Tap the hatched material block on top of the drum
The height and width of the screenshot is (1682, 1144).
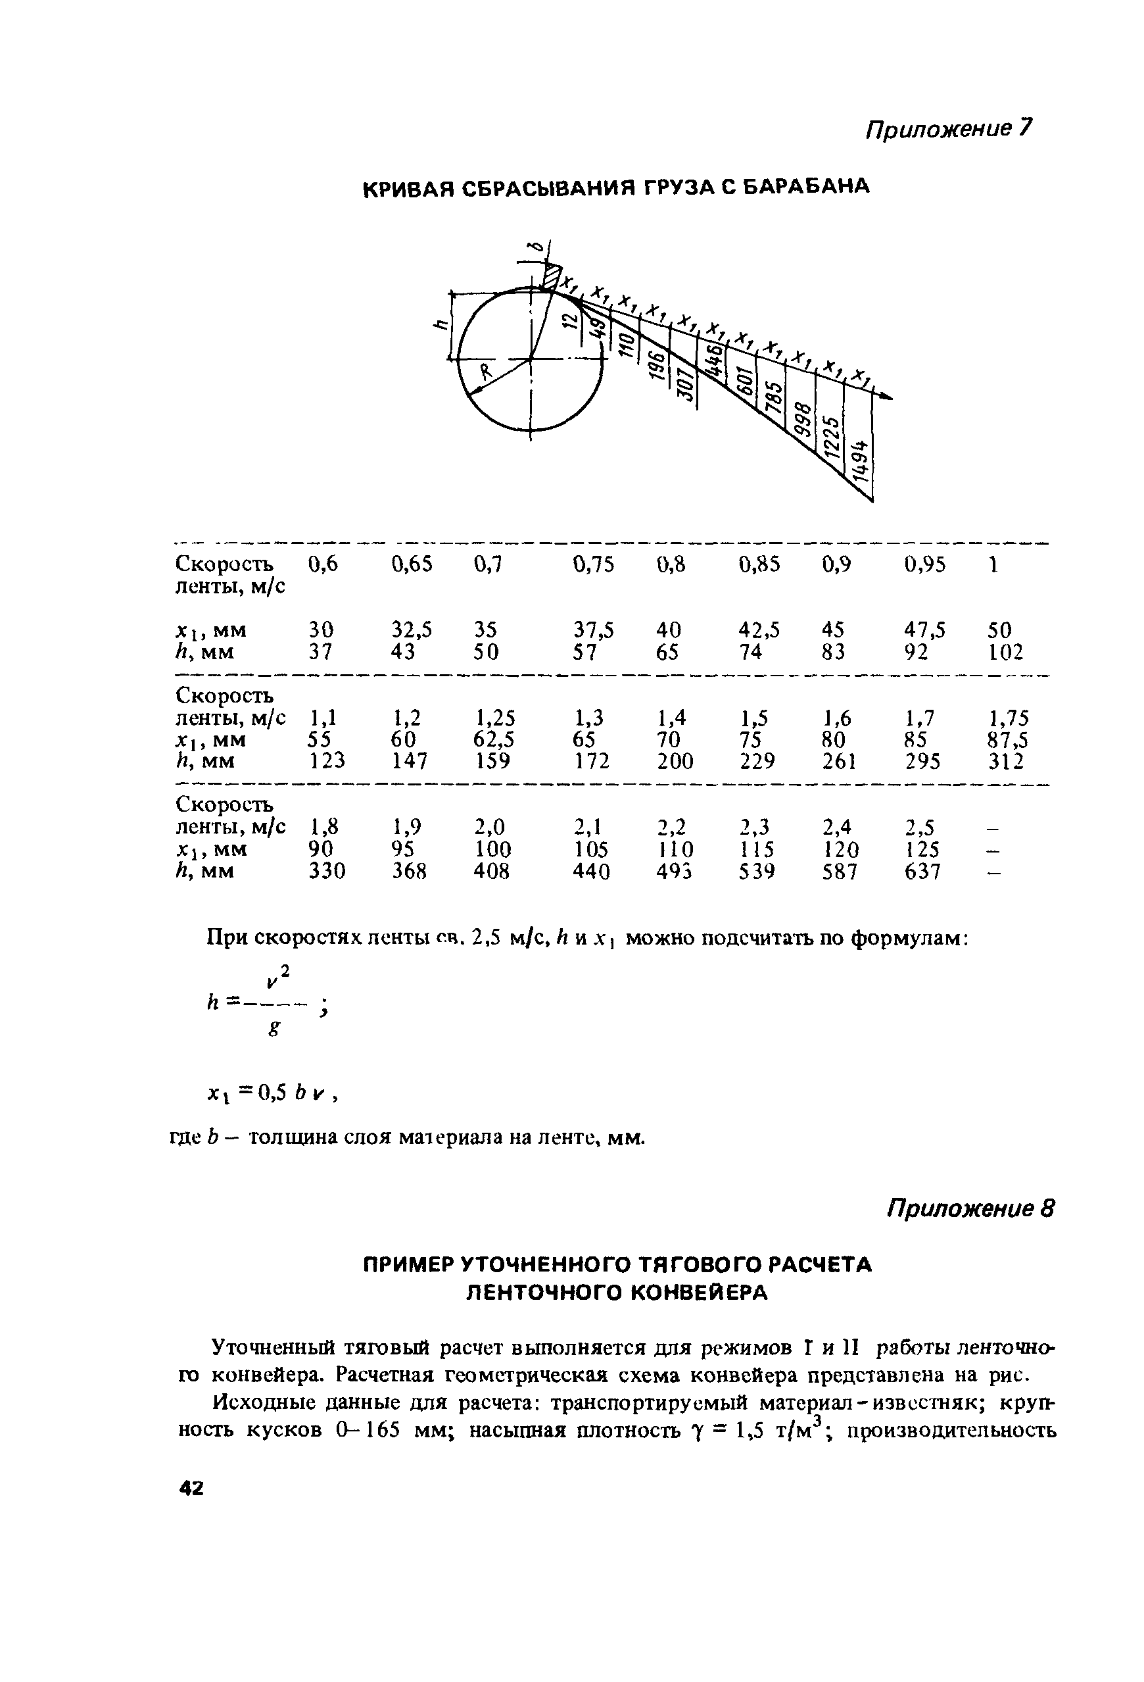coord(552,276)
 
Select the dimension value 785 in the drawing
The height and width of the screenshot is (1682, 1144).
coord(775,395)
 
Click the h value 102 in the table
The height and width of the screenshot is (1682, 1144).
coord(1005,653)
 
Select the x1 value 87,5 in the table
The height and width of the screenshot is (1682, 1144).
coord(1008,739)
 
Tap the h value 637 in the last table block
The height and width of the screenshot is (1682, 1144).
coord(922,871)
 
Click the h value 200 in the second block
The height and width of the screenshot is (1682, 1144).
coord(675,761)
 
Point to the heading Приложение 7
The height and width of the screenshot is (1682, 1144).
coord(949,129)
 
